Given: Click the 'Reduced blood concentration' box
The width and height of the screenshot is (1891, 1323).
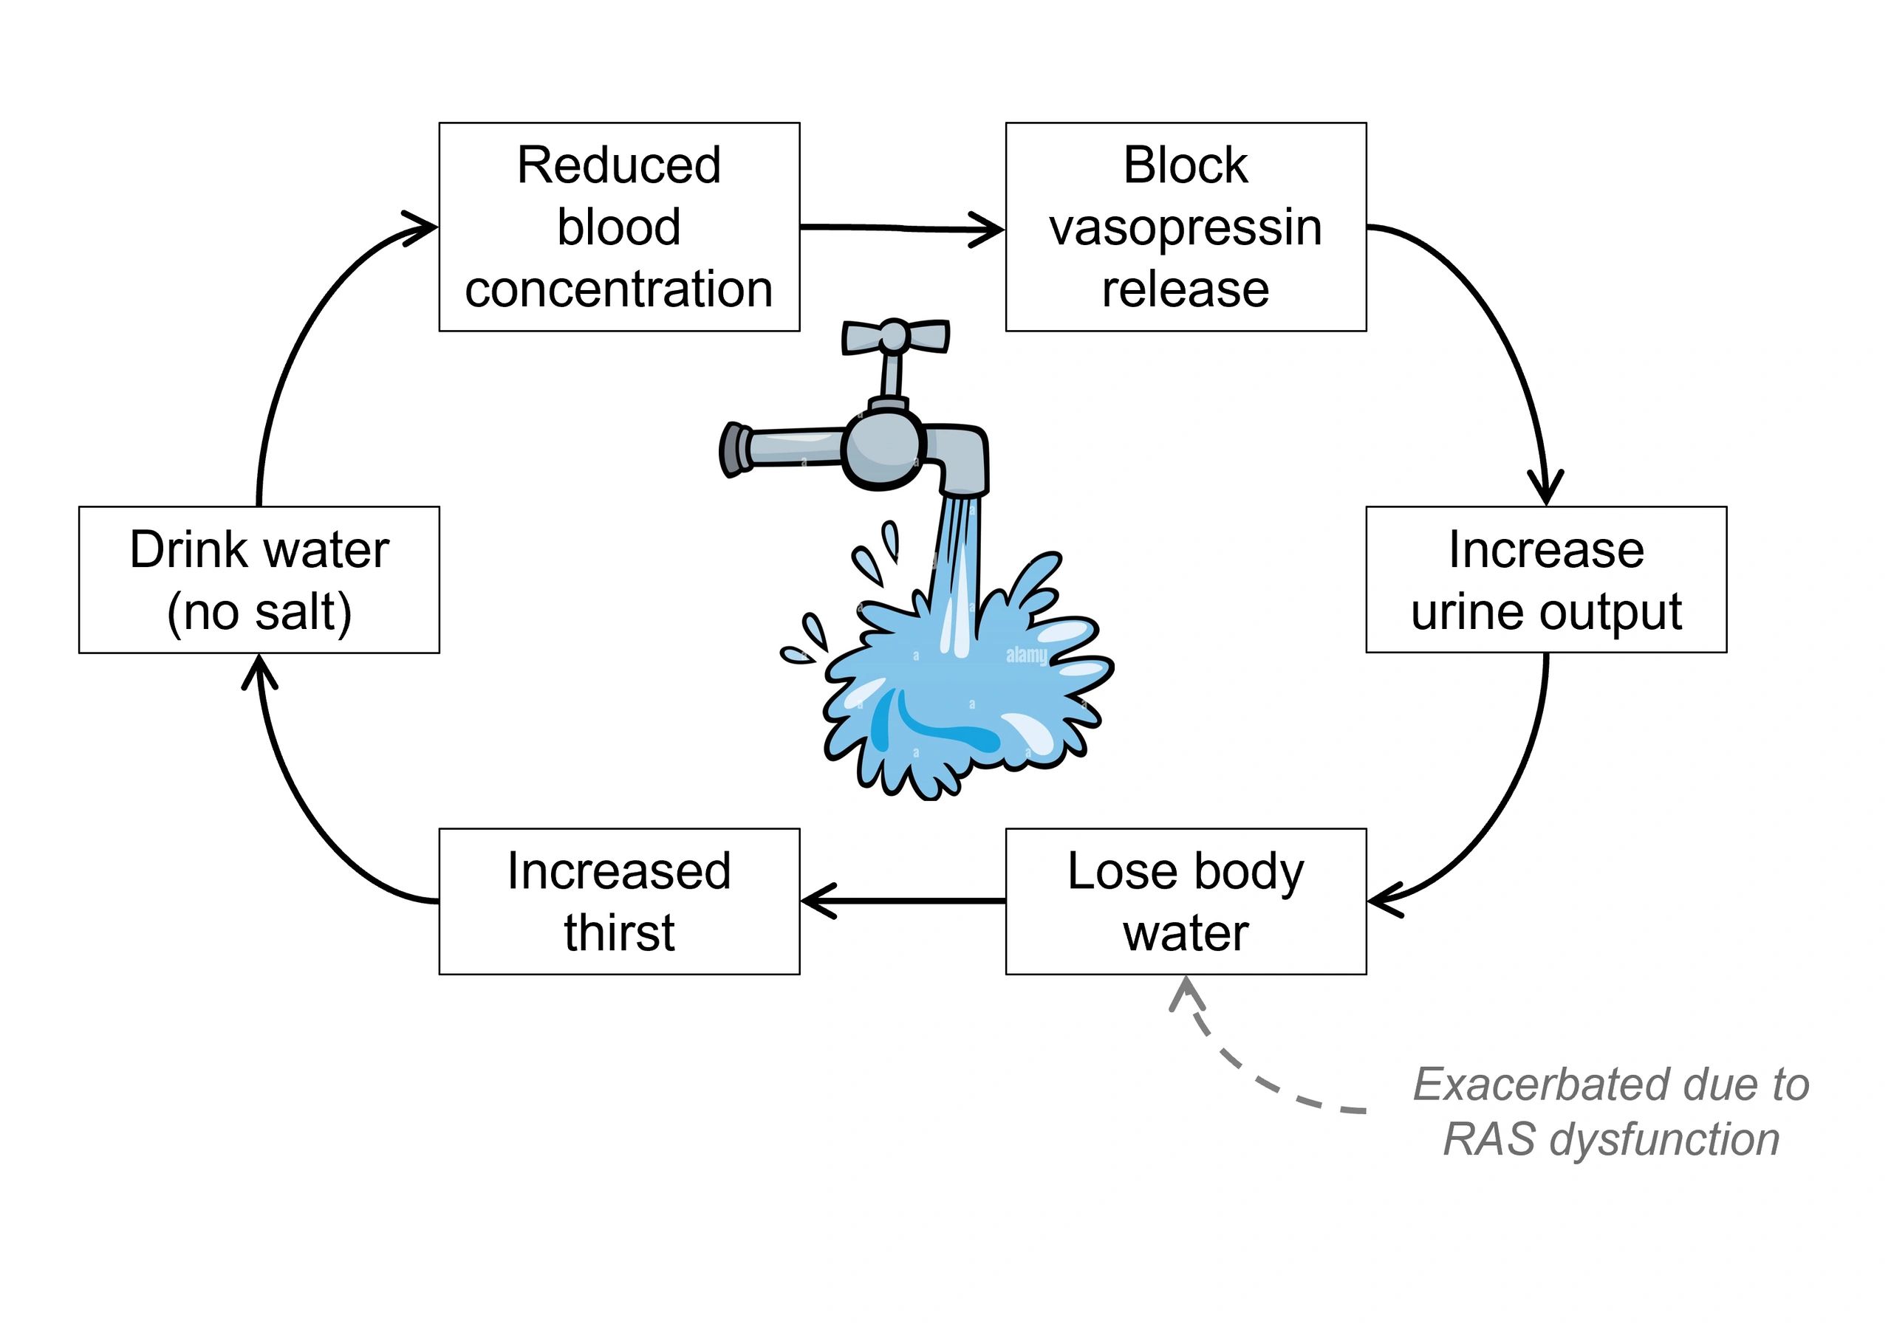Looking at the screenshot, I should pyautogui.click(x=618, y=227).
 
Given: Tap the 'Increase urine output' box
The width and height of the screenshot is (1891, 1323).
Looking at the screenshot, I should pyautogui.click(x=1546, y=580).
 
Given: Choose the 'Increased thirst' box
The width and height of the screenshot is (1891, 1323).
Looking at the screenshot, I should pyautogui.click(x=618, y=901).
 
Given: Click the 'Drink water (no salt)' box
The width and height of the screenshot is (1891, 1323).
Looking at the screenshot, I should pyautogui.click(x=259, y=580).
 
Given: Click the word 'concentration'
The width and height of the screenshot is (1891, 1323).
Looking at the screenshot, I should pyautogui.click(x=618, y=290).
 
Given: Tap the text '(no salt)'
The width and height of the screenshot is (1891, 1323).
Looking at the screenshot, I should pyautogui.click(x=259, y=613).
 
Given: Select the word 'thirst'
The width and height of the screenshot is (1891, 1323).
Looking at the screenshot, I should pyautogui.click(x=619, y=932).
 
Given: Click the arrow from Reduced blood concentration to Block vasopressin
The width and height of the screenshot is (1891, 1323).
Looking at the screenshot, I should pyautogui.click(x=902, y=228).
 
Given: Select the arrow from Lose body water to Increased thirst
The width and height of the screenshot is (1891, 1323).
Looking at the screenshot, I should pyautogui.click(x=902, y=901).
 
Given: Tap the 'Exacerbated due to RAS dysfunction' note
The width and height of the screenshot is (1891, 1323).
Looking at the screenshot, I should pyautogui.click(x=1611, y=1111).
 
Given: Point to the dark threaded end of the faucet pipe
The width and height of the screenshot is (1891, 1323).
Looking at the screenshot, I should pyautogui.click(x=731, y=450).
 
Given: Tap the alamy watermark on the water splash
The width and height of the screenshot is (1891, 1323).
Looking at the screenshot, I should pyautogui.click(x=1026, y=656).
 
